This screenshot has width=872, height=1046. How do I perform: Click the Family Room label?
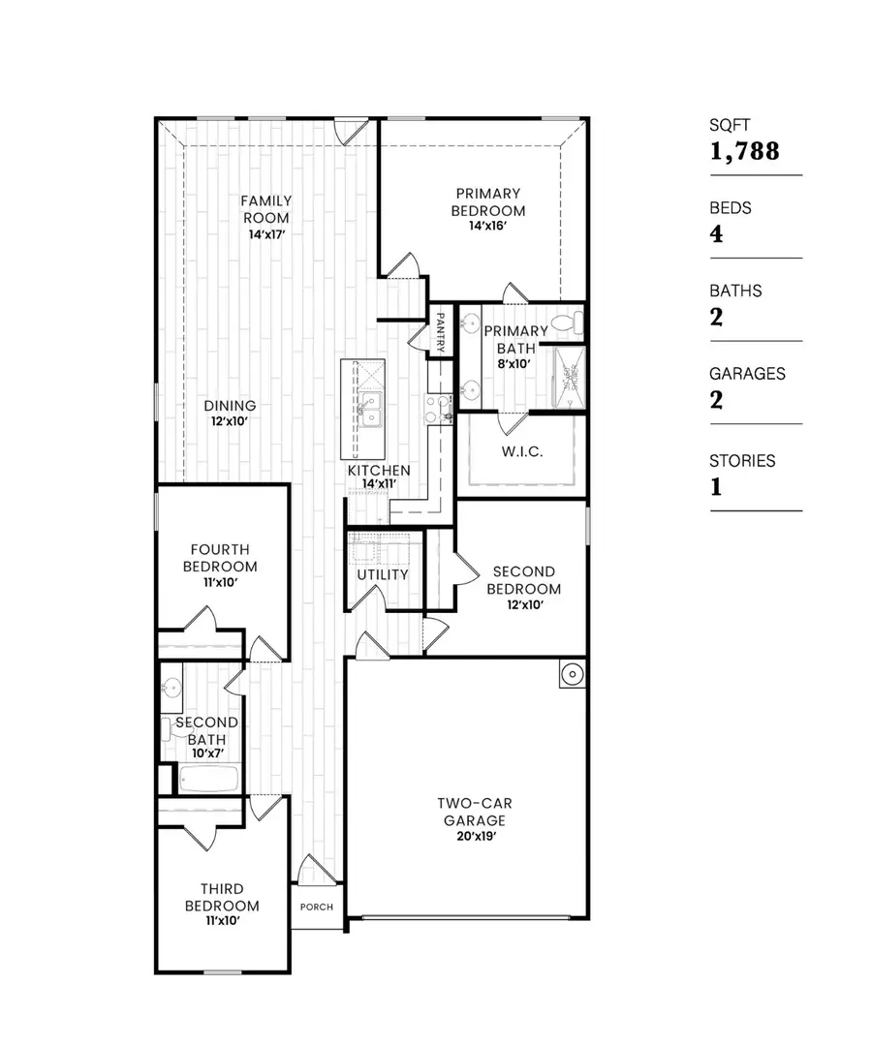pos(266,209)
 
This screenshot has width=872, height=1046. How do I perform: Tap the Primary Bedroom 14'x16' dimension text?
pos(488,226)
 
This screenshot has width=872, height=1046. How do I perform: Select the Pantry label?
pos(440,330)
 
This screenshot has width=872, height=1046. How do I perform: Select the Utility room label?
pos(383,574)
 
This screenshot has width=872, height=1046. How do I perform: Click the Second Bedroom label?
pos(523,580)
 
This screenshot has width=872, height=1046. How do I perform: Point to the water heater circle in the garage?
pos(572,673)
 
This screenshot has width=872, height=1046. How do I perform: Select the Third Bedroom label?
pos(222,897)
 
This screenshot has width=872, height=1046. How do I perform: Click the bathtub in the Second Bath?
pos(207,778)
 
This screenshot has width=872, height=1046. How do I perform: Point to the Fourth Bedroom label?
pos(223,558)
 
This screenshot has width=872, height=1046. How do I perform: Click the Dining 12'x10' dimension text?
pos(231,421)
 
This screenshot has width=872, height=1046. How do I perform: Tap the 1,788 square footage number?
pos(744,150)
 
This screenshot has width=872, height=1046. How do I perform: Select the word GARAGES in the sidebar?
pos(747,373)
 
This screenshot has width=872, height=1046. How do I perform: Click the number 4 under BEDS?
pos(717,233)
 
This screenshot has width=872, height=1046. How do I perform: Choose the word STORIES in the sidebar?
pos(742,461)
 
